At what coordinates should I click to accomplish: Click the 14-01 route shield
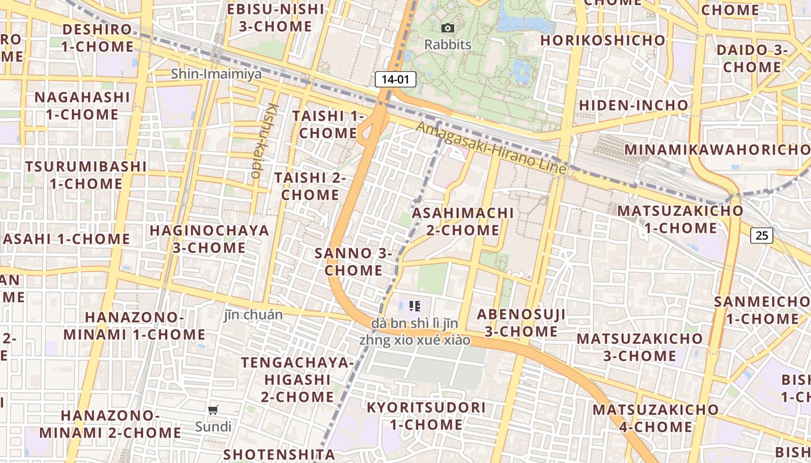click(396, 79)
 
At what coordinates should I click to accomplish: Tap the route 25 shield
click(762, 235)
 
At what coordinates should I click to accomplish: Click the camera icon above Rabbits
click(447, 28)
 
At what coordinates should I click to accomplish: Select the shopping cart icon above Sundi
click(213, 410)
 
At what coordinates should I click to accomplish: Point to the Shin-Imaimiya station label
click(216, 74)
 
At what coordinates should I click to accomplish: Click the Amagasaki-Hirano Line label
click(491, 148)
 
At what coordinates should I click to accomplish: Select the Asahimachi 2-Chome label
click(463, 222)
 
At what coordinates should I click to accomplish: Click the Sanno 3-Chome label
click(353, 262)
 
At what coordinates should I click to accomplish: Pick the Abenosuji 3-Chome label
click(521, 323)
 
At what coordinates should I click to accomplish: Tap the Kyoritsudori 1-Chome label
click(426, 416)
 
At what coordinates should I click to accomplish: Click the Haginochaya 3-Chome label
click(209, 239)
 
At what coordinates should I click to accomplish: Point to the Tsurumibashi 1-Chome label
click(85, 175)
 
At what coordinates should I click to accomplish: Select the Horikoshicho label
click(602, 40)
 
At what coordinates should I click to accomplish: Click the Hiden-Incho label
click(634, 105)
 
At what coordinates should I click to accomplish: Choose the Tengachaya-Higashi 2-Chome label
click(297, 380)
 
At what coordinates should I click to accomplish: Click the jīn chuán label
click(253, 315)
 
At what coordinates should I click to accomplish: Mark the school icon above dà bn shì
click(414, 306)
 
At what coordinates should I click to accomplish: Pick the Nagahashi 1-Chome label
click(82, 105)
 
